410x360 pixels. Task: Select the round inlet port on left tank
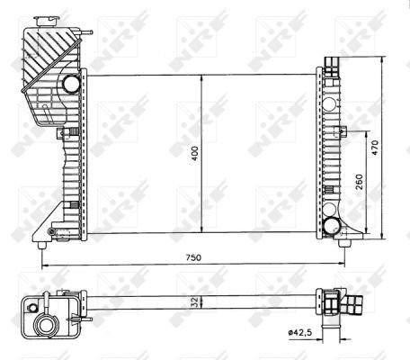pos(71,85)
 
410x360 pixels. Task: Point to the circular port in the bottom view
pos(45,325)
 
